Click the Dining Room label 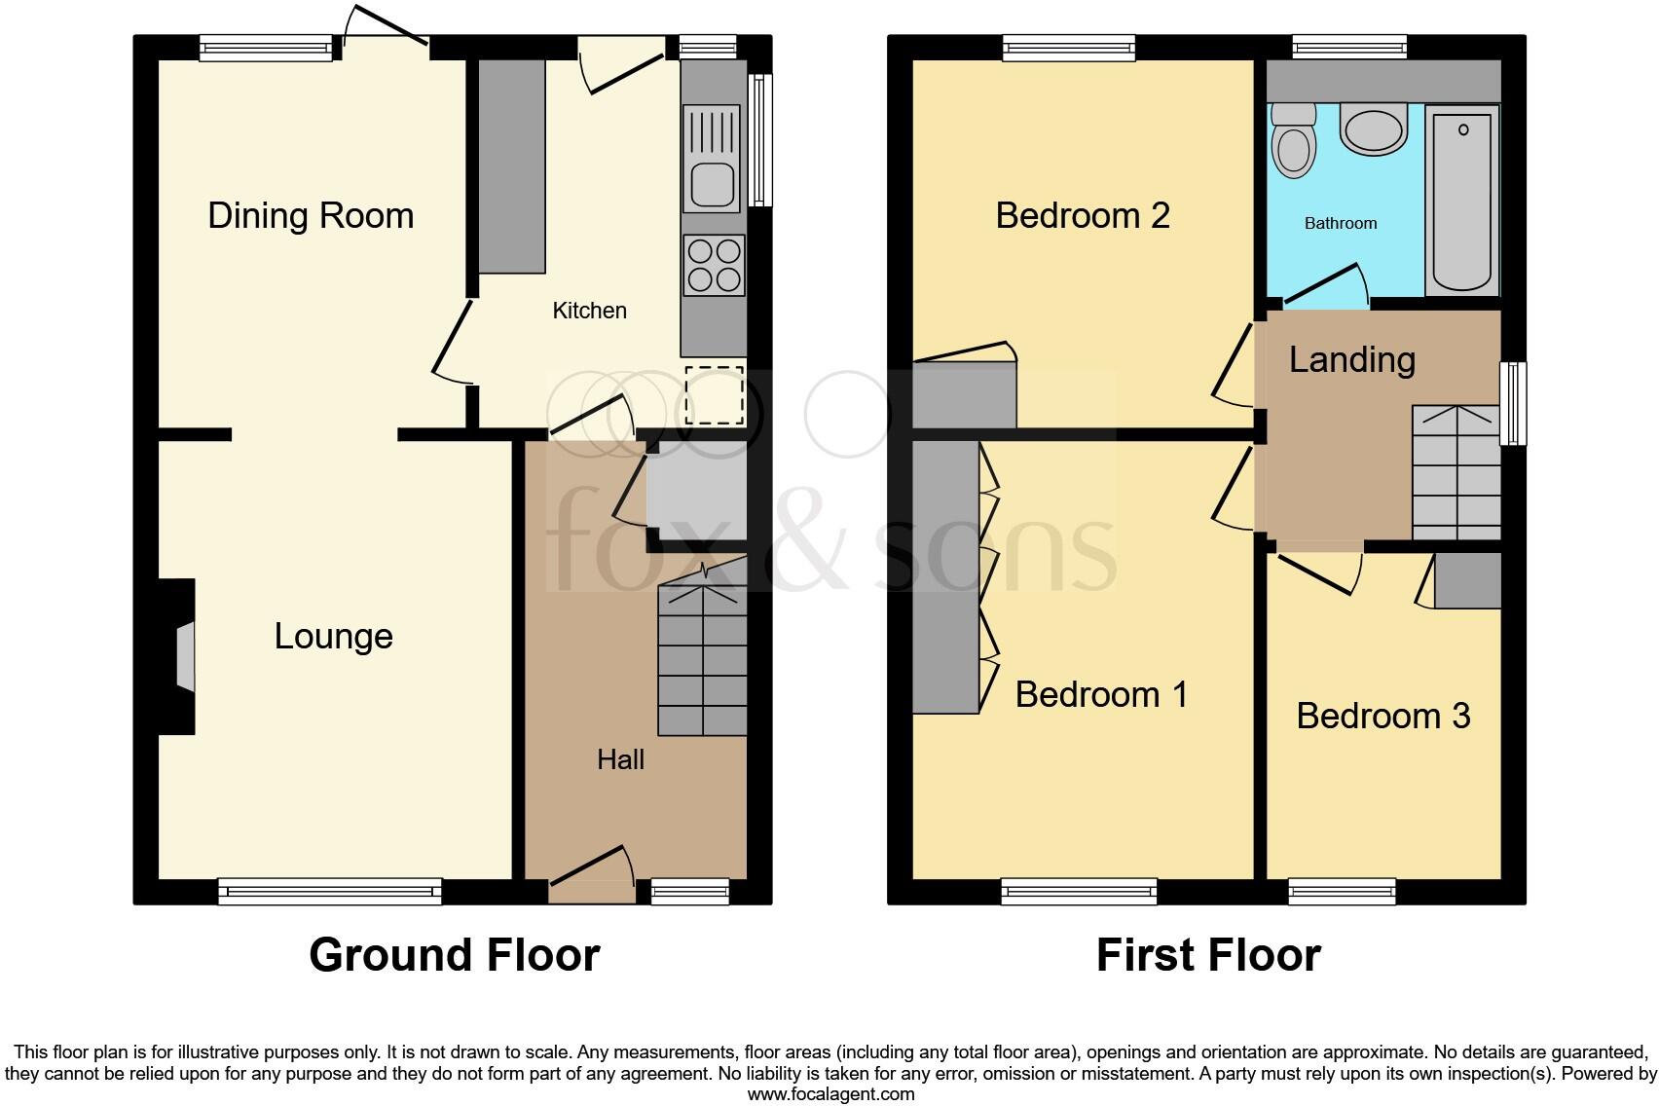311,215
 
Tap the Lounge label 333,636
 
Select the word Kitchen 589,311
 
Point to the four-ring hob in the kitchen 714,265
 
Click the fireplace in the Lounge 184,657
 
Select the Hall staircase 702,661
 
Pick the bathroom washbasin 1374,129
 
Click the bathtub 1463,200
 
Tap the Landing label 1351,359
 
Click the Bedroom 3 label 1382,716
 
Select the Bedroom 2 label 1082,215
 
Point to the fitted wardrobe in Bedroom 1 945,576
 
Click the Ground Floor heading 454,955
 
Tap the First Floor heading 1208,955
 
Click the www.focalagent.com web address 830,1093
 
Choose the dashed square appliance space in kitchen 715,395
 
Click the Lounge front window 329,890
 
